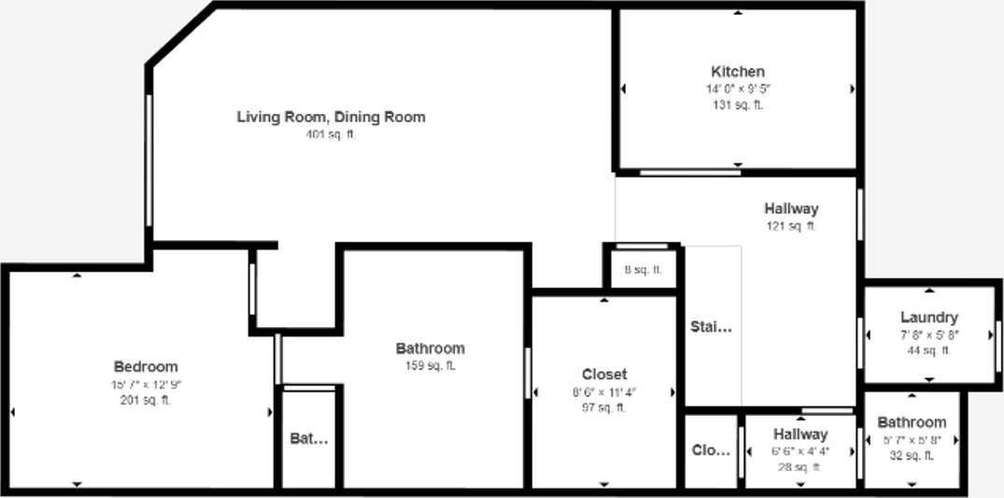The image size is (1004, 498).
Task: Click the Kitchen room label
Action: [x=738, y=72]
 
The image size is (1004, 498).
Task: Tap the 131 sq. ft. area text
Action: [x=738, y=106]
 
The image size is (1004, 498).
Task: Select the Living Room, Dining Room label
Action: [x=331, y=118]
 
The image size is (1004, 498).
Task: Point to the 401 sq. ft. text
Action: [x=331, y=135]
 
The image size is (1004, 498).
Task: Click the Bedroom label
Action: [x=146, y=367]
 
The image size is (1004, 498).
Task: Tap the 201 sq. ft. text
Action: [x=146, y=401]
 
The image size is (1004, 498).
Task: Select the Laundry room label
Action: [x=929, y=318]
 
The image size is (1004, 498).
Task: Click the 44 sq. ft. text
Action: [x=929, y=350]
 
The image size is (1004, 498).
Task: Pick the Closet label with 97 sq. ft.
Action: [x=604, y=375]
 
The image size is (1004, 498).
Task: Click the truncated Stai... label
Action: [x=712, y=327]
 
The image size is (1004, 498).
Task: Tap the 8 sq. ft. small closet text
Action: [x=643, y=270]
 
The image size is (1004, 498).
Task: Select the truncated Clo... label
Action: [x=711, y=450]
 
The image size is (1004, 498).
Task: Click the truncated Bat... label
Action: [x=309, y=438]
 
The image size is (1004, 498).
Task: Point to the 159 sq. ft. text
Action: [x=430, y=365]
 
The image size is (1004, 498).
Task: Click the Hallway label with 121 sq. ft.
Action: [x=791, y=209]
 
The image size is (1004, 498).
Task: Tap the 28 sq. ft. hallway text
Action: [x=800, y=467]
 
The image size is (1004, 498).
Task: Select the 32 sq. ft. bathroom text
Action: [x=912, y=456]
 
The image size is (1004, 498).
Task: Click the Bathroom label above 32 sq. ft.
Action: [x=912, y=422]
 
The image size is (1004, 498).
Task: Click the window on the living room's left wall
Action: [x=148, y=159]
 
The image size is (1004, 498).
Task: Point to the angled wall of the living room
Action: [x=181, y=36]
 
